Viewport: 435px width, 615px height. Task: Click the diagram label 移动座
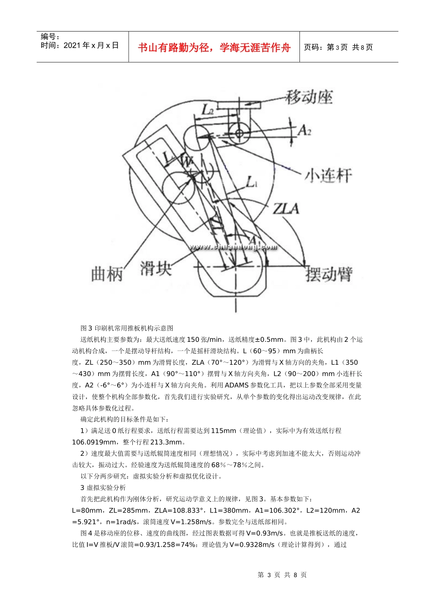tap(309, 97)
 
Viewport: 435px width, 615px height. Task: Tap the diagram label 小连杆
tap(328, 175)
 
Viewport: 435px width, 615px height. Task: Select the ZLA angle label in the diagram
tap(286, 209)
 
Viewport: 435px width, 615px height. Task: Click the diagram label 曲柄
tap(107, 274)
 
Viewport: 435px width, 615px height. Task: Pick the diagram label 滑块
tap(156, 268)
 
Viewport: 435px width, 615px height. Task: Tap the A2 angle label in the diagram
tap(304, 130)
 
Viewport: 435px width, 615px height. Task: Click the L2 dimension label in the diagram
tap(208, 110)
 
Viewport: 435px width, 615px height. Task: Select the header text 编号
tap(50, 37)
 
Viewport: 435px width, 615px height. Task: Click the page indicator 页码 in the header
tap(314, 48)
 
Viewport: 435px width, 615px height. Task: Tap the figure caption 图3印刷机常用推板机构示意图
tap(127, 328)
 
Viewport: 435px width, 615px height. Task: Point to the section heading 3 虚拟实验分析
tap(103, 488)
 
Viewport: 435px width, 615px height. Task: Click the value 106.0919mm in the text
tap(93, 442)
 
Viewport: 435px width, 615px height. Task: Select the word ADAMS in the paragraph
tap(237, 385)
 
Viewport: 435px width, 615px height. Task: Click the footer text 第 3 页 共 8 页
tap(282, 575)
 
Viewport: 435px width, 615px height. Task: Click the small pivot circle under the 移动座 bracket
tap(239, 133)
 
